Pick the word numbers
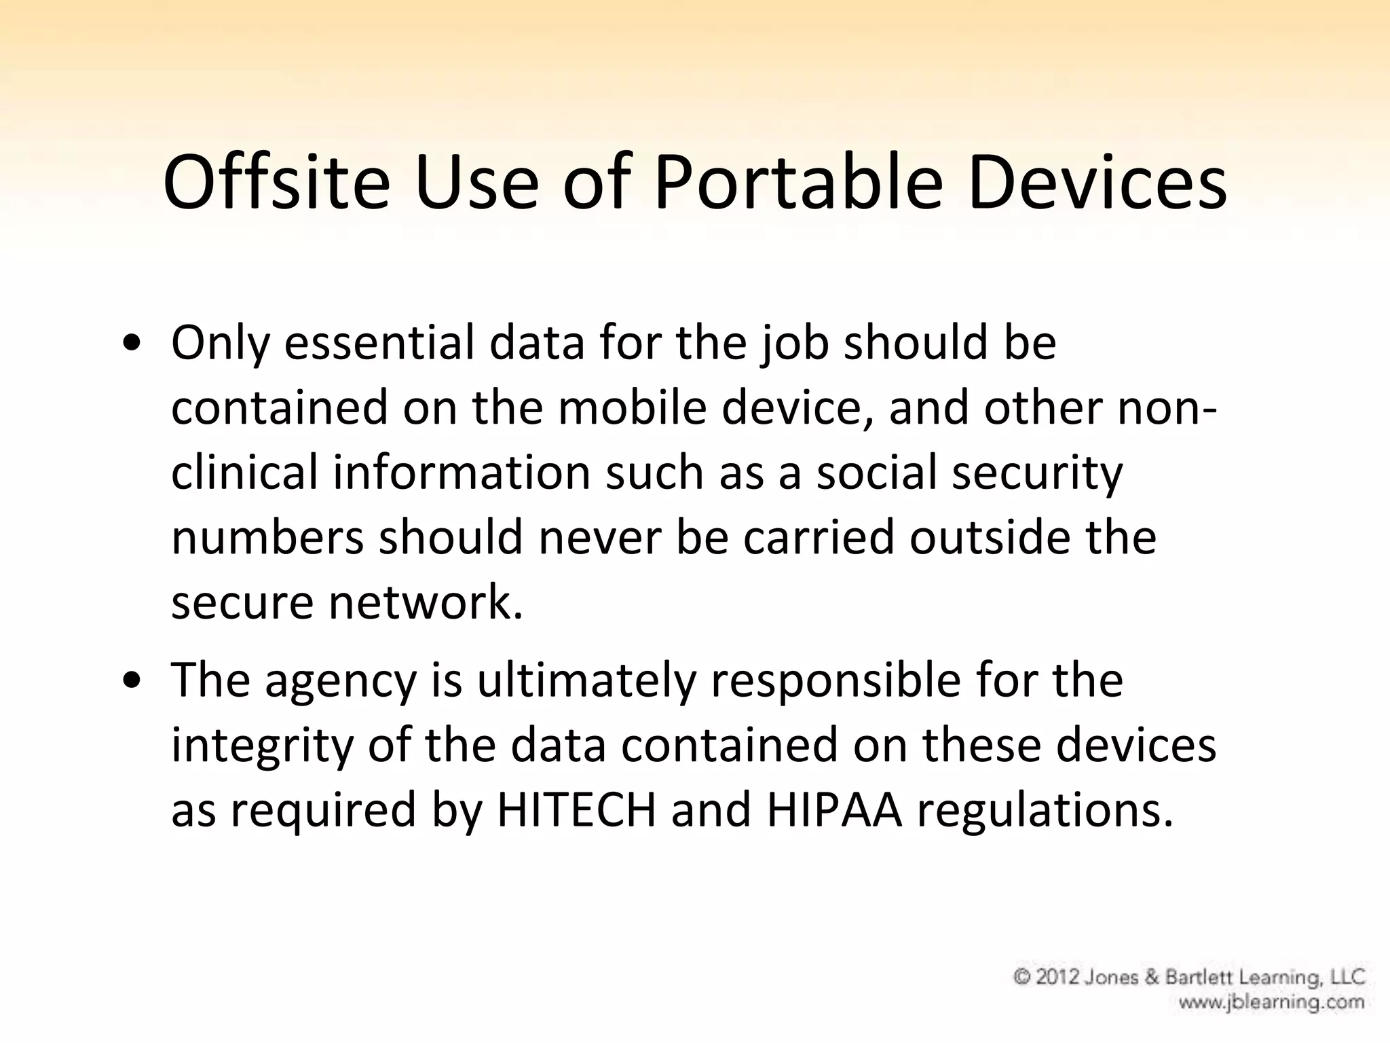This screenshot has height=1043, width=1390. (x=267, y=537)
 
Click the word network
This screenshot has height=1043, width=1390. (x=426, y=602)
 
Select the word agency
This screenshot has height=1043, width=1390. (x=340, y=681)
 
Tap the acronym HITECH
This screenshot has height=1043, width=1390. (x=577, y=809)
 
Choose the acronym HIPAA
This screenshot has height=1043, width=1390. (x=834, y=809)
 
